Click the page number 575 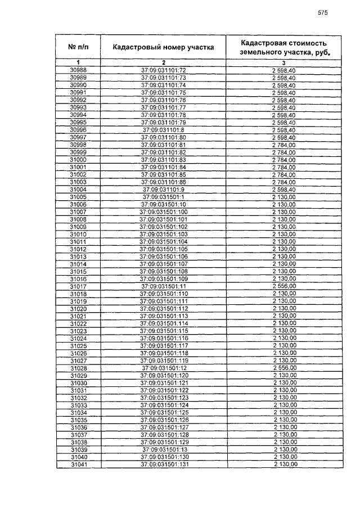click(322, 12)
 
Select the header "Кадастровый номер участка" click(163, 47)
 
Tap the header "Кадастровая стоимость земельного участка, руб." click(283, 47)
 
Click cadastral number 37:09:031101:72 click(163, 70)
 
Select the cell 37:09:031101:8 click(163, 129)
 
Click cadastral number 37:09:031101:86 click(163, 182)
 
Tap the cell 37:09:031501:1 click(163, 197)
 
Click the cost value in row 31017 click(283, 286)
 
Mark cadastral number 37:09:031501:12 click(163, 368)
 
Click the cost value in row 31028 click(283, 368)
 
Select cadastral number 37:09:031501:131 click(163, 465)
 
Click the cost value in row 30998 click(283, 145)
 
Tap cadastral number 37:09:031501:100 click(163, 211)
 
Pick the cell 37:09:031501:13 click(163, 450)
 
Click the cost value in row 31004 click(283, 189)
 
